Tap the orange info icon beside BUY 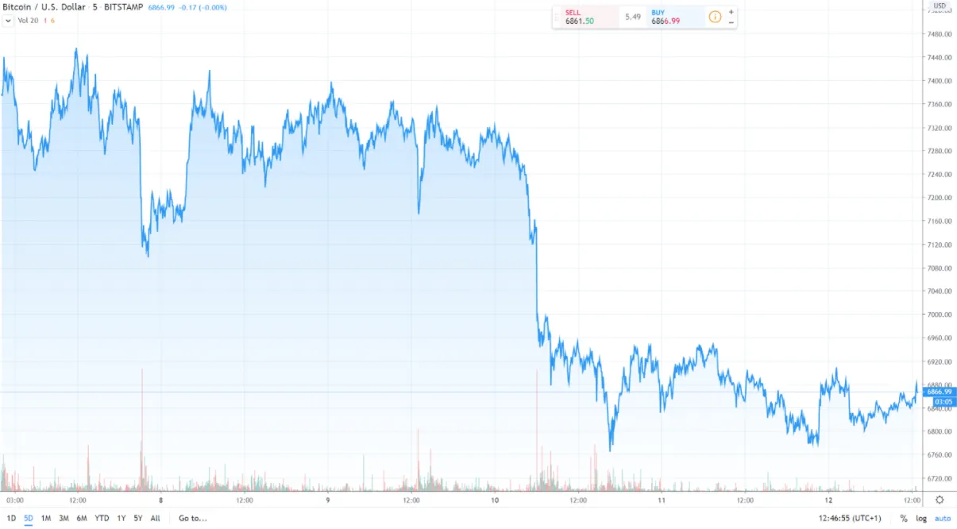(715, 17)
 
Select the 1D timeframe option (11, 518)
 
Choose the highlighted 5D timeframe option (29, 518)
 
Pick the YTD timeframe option (102, 518)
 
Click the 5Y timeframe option (138, 518)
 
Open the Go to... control (192, 518)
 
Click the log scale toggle (921, 518)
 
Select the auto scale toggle (942, 518)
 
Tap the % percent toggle (904, 518)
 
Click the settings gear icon (940, 500)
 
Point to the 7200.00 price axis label (940, 198)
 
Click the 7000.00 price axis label (940, 315)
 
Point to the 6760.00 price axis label (940, 455)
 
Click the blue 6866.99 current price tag (940, 392)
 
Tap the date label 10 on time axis (495, 500)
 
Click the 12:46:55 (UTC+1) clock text (850, 518)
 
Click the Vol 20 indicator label (28, 20)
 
